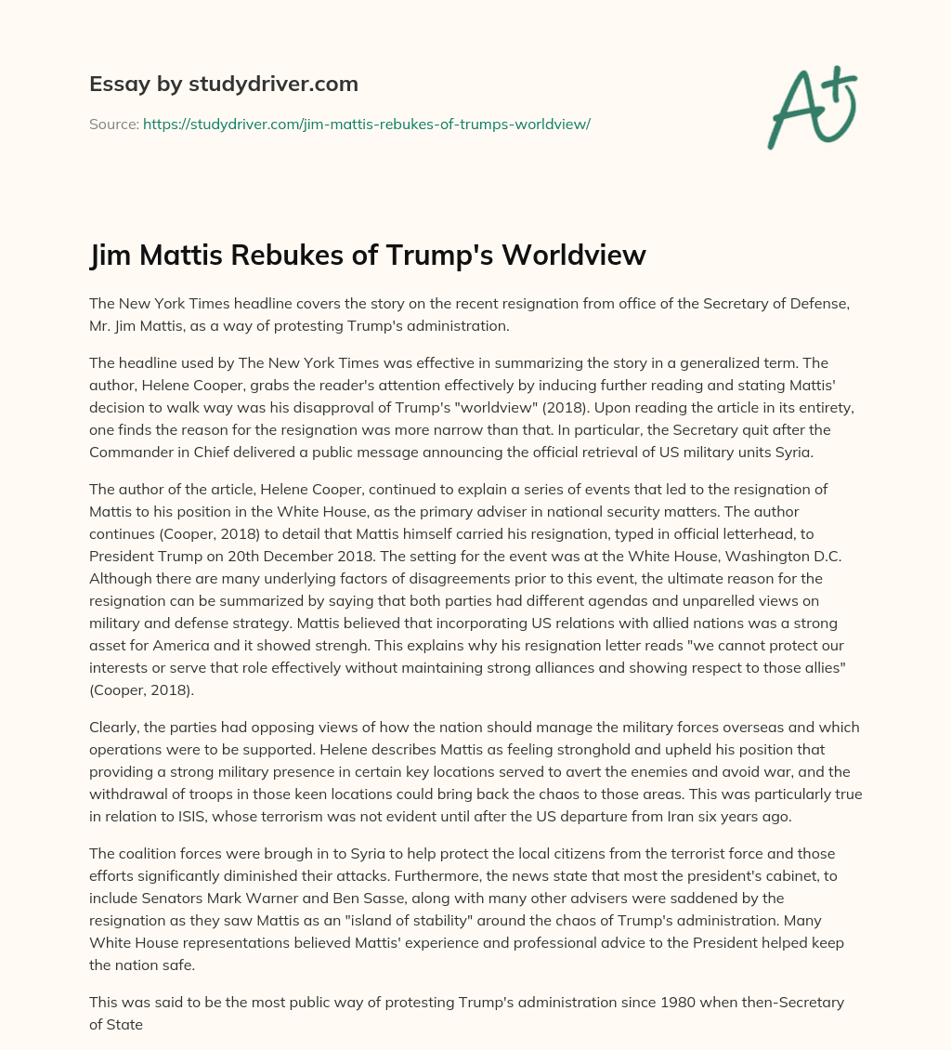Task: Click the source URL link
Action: pos(366,124)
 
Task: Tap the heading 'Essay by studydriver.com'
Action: pos(224,84)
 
